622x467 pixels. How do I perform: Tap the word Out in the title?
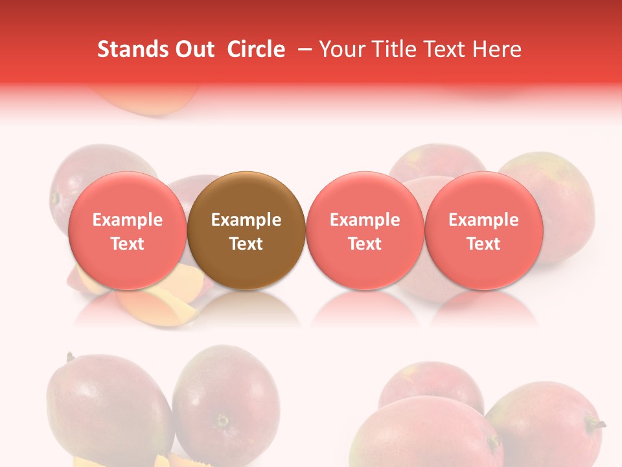193,50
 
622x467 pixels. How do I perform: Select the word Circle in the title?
256,50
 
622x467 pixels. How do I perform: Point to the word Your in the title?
341,50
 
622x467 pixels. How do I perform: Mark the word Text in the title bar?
442,50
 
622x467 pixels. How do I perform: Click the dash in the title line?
305,50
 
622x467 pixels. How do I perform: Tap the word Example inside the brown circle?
246,220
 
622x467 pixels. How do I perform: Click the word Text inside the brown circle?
246,244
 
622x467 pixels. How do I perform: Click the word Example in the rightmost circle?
483,220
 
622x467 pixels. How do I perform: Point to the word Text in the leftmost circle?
127,244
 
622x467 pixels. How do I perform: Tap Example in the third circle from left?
365,220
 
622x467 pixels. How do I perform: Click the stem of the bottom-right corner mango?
595,424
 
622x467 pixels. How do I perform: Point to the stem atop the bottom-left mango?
69,356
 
